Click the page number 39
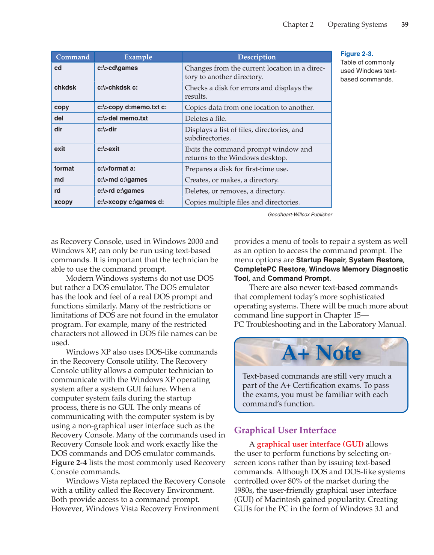405,24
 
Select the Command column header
73,57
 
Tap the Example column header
138,57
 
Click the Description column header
257,57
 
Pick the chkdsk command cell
65,87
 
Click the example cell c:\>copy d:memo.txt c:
132,107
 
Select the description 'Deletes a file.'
206,119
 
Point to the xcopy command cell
63,202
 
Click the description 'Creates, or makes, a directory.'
232,180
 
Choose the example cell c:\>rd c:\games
121,191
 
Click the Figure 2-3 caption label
357,54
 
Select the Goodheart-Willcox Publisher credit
300,215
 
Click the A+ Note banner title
321,353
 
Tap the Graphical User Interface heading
285,430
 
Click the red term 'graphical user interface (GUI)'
310,444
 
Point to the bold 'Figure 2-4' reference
69,462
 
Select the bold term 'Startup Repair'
320,260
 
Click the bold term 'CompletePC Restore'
270,269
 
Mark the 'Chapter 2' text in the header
298,24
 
